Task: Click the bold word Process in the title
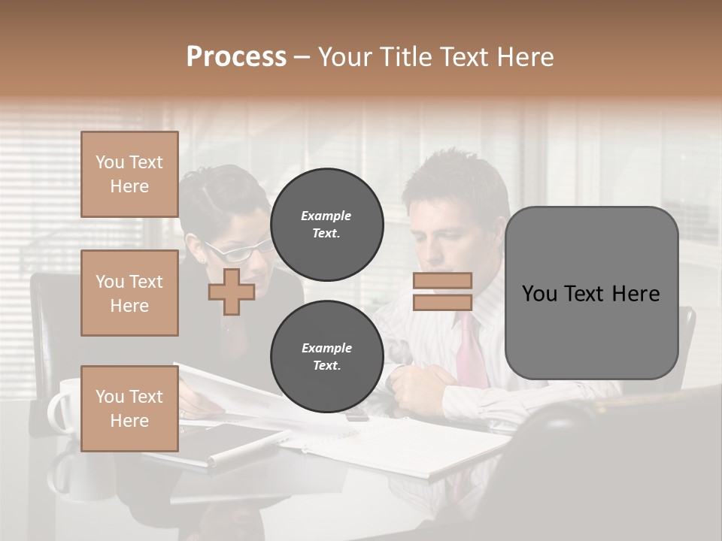(x=236, y=57)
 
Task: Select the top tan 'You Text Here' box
(x=129, y=174)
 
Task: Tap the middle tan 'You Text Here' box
(x=129, y=293)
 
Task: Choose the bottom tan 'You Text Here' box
(x=129, y=408)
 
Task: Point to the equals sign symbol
(x=442, y=292)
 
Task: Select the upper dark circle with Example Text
(x=326, y=224)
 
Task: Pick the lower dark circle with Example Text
(x=326, y=356)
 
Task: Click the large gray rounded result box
(x=591, y=293)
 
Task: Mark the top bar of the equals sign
(x=442, y=281)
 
